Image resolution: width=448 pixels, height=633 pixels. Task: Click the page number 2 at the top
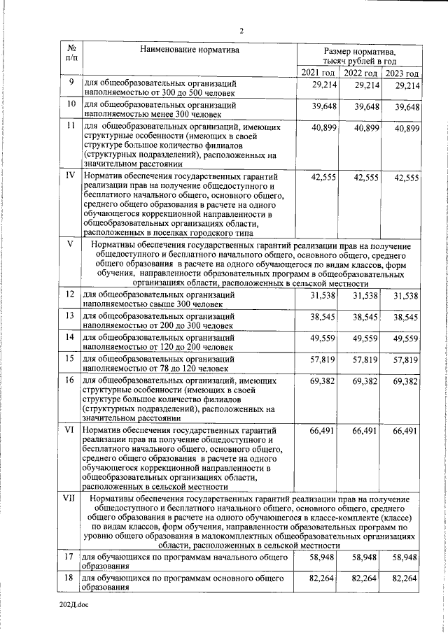click(241, 31)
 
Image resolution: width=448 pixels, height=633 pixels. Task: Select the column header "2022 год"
click(361, 73)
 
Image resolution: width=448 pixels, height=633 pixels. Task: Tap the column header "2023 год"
click(402, 73)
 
